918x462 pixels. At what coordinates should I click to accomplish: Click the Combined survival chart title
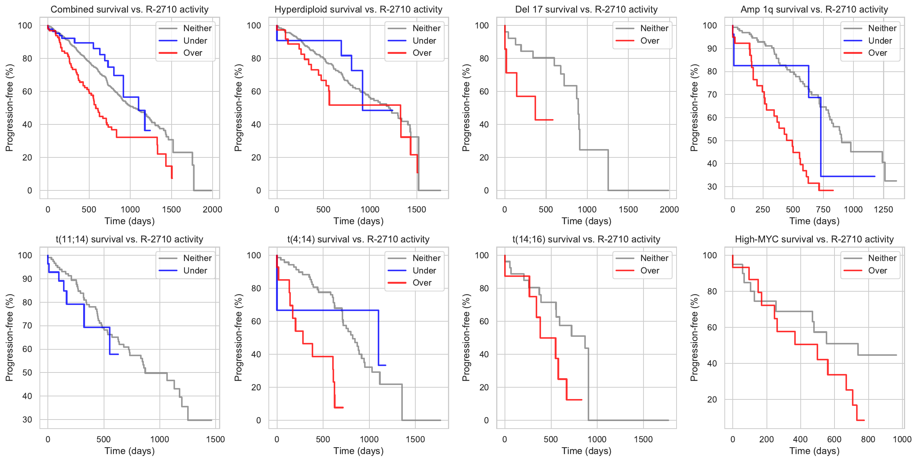(x=129, y=9)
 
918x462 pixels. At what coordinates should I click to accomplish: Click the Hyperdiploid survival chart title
(x=358, y=9)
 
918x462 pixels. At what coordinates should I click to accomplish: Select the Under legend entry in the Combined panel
(x=195, y=41)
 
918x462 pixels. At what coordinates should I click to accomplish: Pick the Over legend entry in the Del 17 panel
(x=650, y=41)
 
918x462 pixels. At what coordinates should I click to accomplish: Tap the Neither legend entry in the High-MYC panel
(x=882, y=258)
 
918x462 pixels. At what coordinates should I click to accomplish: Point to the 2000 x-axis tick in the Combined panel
(x=212, y=209)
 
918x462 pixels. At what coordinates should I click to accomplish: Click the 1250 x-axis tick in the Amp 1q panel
(x=883, y=209)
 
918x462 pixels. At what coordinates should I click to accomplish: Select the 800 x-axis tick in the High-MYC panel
(x=868, y=439)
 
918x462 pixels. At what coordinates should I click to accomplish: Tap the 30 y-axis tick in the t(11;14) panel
(x=27, y=420)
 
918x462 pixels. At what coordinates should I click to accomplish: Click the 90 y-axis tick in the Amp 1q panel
(x=712, y=49)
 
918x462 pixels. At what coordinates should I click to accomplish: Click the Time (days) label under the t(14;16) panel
(x=587, y=451)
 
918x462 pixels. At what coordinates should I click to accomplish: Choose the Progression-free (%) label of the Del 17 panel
(x=466, y=108)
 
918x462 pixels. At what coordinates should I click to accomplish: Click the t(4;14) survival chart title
(x=358, y=239)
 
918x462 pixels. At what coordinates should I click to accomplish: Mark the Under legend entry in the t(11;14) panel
(x=195, y=270)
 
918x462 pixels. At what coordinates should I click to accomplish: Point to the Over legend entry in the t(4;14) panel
(x=422, y=283)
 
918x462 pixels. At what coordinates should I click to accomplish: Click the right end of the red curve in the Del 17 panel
(x=553, y=120)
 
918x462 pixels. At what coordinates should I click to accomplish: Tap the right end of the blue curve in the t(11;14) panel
(x=118, y=354)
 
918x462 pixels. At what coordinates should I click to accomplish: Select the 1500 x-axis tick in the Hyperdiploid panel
(x=417, y=209)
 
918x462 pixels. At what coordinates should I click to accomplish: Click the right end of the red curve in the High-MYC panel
(x=864, y=420)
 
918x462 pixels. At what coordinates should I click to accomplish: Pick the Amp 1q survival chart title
(x=814, y=9)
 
